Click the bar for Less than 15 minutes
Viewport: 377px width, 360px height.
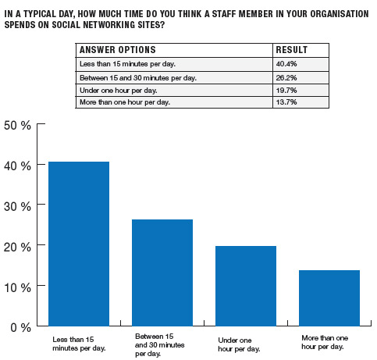[79, 244]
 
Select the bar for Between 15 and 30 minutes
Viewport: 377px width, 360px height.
[162, 273]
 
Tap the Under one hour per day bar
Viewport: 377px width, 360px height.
[246, 286]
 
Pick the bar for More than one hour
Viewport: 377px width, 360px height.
[329, 298]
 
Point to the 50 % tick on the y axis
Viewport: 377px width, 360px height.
[41, 123]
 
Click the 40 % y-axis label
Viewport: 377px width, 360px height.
[17, 166]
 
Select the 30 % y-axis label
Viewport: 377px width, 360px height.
[17, 207]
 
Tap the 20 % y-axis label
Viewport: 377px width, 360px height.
[17, 248]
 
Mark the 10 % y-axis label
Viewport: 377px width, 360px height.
[17, 288]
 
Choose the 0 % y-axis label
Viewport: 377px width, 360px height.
[21, 328]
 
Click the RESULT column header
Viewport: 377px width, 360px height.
[292, 50]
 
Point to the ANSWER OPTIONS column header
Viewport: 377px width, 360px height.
[118, 50]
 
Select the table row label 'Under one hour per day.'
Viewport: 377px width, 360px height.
[119, 91]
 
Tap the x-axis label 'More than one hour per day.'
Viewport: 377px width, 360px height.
[325, 342]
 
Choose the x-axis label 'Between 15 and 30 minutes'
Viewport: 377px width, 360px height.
[160, 345]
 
